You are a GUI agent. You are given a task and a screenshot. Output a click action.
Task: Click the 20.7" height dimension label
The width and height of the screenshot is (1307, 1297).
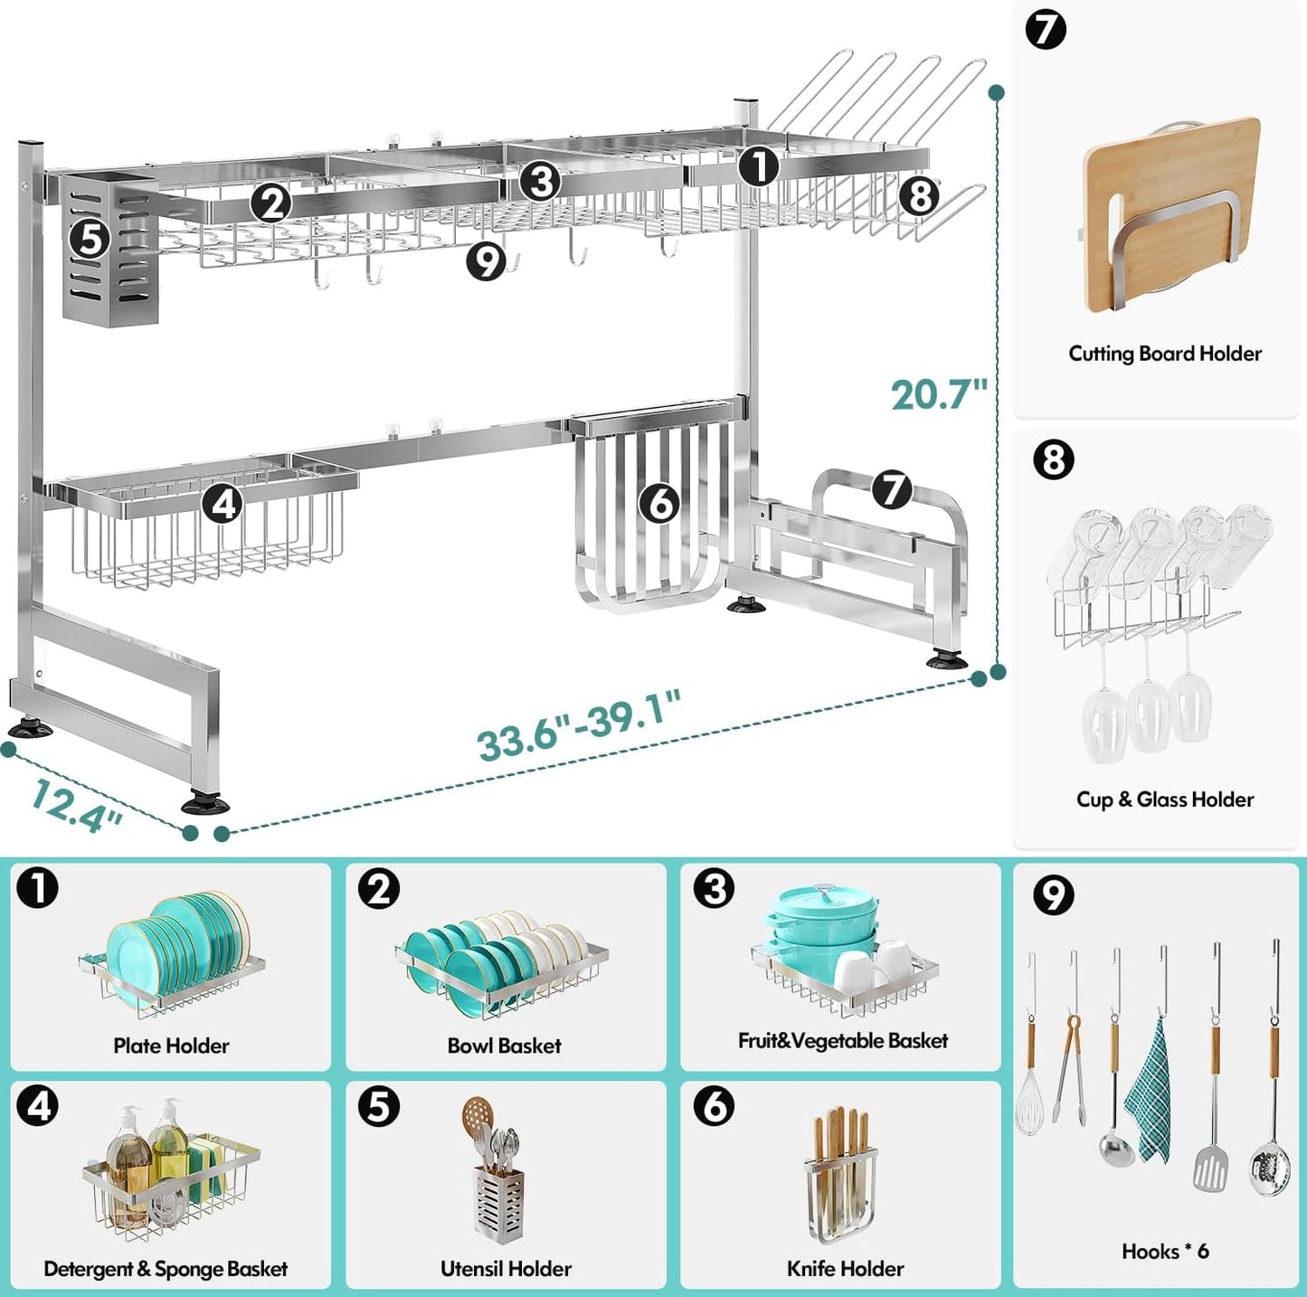click(938, 394)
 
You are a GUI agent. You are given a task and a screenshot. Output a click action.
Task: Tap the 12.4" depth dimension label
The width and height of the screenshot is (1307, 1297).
click(76, 804)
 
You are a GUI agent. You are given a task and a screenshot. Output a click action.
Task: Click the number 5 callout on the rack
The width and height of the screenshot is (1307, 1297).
click(90, 239)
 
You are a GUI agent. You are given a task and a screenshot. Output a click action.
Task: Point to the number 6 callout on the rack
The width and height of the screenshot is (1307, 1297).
click(660, 502)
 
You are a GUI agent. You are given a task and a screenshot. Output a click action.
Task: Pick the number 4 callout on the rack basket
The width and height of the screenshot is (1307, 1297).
click(223, 503)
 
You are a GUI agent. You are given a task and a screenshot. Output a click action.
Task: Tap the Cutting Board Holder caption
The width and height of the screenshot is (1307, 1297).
click(1164, 354)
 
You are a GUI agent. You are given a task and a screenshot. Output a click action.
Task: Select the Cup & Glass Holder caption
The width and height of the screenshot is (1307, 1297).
click(1164, 800)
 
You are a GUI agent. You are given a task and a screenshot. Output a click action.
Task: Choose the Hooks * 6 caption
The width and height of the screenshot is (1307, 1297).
click(1164, 1252)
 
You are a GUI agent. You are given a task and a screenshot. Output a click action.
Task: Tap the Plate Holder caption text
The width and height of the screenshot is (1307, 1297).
click(171, 1046)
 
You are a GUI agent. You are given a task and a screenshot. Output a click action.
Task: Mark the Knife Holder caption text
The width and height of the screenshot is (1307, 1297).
click(845, 1269)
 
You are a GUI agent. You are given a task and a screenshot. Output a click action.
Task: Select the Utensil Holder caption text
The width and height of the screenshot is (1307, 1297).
click(506, 1269)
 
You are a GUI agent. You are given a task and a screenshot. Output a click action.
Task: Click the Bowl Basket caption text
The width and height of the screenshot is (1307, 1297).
click(504, 1046)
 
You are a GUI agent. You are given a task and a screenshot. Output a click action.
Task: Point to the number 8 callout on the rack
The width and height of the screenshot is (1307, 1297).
click(919, 194)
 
